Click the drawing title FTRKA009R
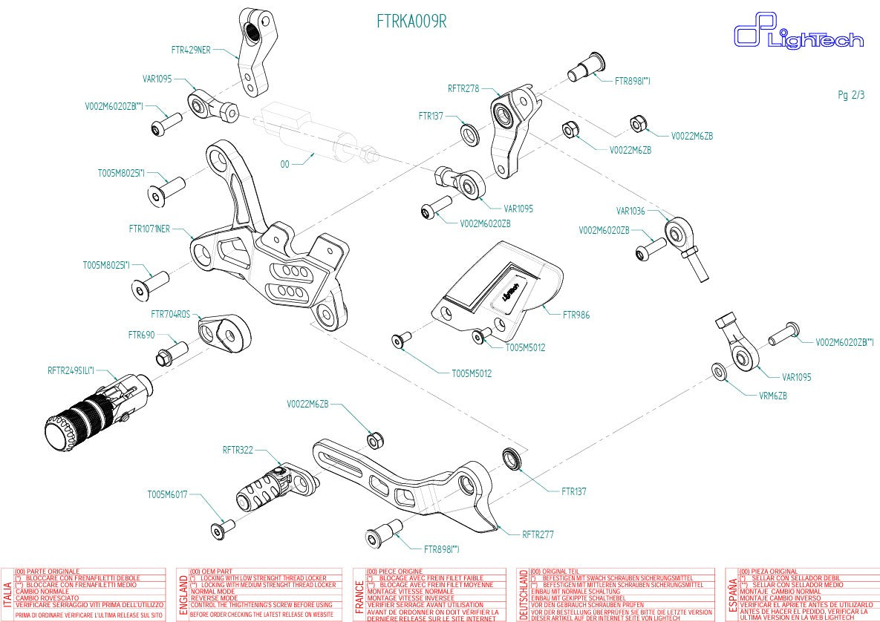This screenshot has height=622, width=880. (411, 22)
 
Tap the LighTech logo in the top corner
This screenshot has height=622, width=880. (798, 35)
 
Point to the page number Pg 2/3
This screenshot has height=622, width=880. (851, 95)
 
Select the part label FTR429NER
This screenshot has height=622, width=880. (191, 50)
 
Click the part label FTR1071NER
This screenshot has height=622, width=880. (149, 229)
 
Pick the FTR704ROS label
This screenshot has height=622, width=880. (170, 314)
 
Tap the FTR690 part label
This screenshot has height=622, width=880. (141, 335)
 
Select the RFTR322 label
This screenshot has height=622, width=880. (238, 450)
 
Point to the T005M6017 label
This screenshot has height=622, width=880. (167, 494)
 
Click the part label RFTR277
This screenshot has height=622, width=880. (538, 534)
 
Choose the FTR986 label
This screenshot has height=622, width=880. (576, 315)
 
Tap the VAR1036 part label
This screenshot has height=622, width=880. (631, 211)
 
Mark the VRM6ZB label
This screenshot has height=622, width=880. (773, 396)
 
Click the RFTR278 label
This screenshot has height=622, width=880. (463, 88)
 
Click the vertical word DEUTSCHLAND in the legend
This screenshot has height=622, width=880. (524, 595)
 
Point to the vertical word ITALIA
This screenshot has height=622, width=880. (7, 595)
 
